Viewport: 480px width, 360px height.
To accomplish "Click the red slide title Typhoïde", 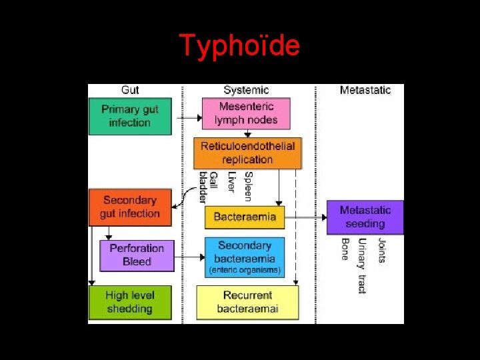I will point(240,46).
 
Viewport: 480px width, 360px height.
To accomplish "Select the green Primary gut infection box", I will point(130,116).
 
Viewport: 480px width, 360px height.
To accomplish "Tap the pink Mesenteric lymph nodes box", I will point(246,113).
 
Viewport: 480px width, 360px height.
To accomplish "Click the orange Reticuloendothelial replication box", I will point(247,153).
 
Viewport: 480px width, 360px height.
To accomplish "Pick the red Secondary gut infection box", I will point(130,207).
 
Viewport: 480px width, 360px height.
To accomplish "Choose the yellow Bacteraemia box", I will point(245,217).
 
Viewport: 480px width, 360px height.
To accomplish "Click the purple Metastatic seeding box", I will point(365,217).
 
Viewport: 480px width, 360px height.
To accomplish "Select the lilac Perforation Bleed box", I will point(137,255).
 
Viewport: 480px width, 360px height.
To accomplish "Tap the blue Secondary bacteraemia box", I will point(245,257).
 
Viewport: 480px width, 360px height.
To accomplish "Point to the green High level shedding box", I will point(129,302).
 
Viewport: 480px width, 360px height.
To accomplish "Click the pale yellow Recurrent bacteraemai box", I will point(247,302).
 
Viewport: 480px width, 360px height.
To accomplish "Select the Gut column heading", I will point(131,90).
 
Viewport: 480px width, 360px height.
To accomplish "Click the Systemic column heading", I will point(246,90).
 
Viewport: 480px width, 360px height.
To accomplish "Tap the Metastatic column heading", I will point(365,90).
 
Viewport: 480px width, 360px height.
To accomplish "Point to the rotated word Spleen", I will point(248,186).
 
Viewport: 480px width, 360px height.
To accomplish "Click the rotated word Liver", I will point(231,182).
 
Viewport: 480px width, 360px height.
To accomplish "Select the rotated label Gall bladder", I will point(208,187).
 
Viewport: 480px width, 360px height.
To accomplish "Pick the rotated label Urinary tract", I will point(362,265).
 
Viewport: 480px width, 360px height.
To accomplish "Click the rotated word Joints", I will point(381,251).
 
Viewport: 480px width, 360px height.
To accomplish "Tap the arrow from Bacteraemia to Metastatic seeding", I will point(305,217).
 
